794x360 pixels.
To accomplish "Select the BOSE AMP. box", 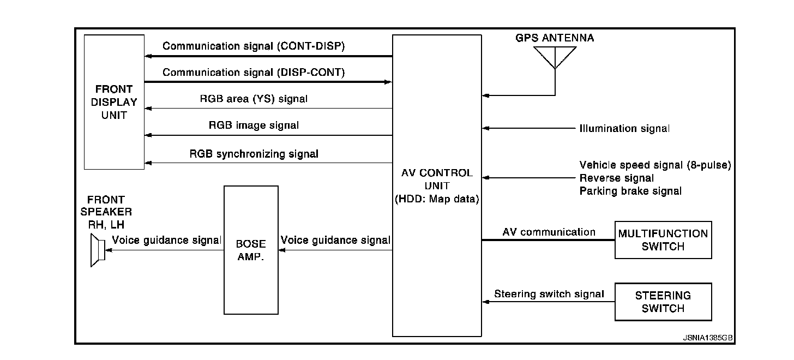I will pos(251,250).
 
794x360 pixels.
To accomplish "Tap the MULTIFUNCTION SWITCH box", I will pos(663,240).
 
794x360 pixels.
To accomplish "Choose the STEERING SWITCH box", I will pos(663,302).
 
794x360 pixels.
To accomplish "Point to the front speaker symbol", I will pos(97,250).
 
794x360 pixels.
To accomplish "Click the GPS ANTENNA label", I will pos(555,38).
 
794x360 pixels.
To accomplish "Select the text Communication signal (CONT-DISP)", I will pos(254,46).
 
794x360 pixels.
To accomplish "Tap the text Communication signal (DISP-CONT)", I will pos(254,72).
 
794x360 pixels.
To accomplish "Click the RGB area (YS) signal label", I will pos(254,99).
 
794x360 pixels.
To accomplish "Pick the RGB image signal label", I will pos(254,125).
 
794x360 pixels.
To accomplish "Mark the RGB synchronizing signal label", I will pos(254,153).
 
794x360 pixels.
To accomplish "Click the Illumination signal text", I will pos(624,129).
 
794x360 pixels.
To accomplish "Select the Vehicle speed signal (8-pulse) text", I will pos(654,165).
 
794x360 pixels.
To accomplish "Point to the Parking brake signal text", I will pos(630,191).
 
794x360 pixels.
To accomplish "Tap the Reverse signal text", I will pos(616,178).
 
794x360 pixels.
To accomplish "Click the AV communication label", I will pos(549,232).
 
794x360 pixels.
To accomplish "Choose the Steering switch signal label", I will pos(549,294).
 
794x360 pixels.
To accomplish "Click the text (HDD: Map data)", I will pos(437,200).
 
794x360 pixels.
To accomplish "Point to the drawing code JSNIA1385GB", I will pos(708,338).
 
